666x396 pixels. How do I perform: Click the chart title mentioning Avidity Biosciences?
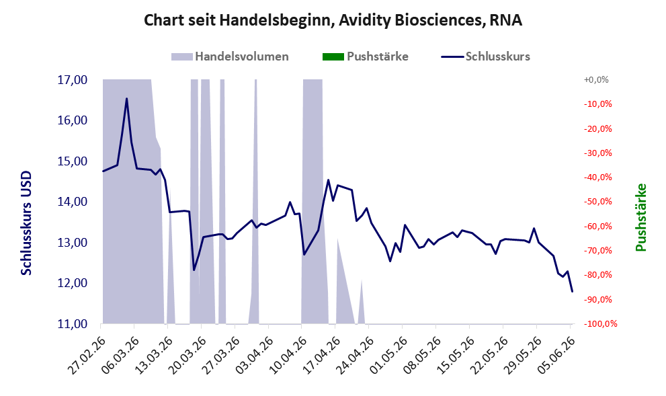333,20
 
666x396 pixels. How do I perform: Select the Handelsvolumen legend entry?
230,56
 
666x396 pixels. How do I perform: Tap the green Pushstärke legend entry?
366,56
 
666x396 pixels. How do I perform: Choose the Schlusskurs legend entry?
485,56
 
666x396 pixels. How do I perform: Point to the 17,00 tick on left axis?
72,80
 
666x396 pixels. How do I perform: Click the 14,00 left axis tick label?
72,202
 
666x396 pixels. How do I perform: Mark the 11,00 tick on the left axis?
72,324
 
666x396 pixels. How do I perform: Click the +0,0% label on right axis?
596,80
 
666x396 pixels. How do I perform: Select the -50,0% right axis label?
598,202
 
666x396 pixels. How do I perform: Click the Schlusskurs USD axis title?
26,223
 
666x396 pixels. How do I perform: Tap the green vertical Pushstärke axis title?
640,217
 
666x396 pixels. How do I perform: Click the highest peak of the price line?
126,99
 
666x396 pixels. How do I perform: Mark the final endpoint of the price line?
572,292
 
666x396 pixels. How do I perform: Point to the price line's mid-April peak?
328,180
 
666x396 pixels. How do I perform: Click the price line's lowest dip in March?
194,270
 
